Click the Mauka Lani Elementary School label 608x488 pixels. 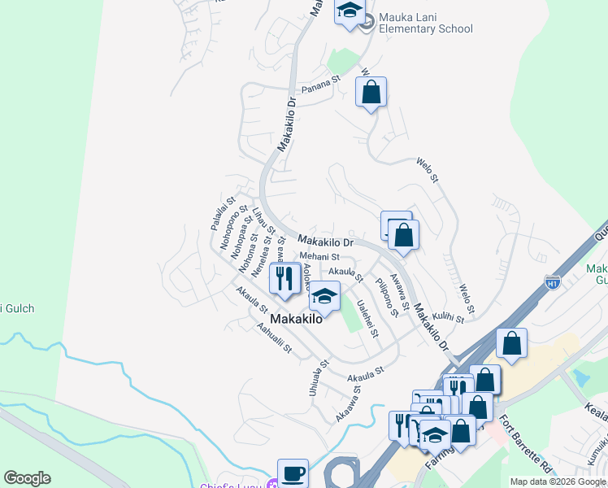pos(419,22)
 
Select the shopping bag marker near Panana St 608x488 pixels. pos(371,93)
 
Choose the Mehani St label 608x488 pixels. pos(319,257)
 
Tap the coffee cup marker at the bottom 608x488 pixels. pos(293,473)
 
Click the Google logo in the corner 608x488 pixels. pos(27,478)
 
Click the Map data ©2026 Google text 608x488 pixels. pos(557,481)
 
